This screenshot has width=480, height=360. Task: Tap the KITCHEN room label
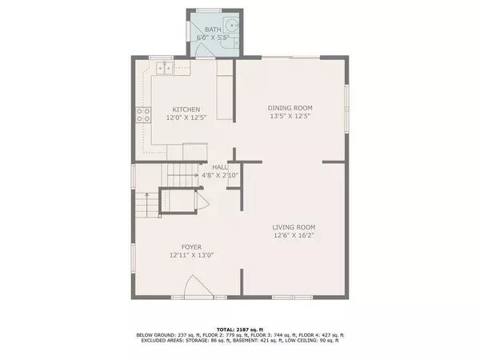(182, 110)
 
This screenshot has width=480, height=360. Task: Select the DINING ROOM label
(289, 107)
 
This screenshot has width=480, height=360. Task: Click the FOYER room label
(190, 247)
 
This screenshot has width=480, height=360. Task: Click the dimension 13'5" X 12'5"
(289, 116)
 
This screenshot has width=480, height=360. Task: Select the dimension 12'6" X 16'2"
(293, 235)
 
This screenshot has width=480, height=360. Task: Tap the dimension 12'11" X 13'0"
(190, 256)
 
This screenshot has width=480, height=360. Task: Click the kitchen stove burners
(144, 114)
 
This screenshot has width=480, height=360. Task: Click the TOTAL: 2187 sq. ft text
(240, 329)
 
